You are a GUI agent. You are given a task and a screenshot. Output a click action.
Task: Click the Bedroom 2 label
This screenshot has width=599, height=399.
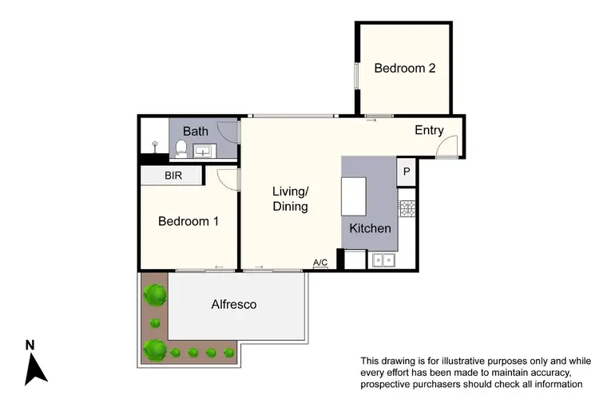tap(405, 69)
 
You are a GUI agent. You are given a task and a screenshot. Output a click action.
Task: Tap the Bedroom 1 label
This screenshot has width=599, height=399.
tap(188, 222)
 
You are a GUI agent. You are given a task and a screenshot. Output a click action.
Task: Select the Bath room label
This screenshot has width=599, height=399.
tap(196, 131)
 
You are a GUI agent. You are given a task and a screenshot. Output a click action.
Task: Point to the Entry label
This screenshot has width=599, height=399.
tap(429, 131)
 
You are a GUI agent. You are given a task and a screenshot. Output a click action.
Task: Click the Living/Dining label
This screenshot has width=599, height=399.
tap(290, 199)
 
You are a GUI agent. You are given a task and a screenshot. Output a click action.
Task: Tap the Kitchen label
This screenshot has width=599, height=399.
tap(371, 228)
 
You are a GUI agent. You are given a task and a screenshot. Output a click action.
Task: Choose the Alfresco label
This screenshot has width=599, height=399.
tap(234, 304)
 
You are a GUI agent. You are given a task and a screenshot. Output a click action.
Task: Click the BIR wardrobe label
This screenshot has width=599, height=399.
tap(174, 176)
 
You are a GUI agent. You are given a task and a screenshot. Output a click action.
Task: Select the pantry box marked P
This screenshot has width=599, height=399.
tap(406, 171)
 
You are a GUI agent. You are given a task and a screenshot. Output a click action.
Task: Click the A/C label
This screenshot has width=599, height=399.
tap(320, 263)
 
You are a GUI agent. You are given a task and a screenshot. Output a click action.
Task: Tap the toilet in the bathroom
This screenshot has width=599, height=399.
tap(181, 148)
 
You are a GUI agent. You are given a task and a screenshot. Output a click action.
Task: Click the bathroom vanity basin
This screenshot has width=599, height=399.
tap(204, 149)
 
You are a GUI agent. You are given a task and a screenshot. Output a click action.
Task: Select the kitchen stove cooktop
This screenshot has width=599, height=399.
tap(407, 209)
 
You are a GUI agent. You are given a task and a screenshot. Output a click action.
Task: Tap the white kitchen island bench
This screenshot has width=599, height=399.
tap(353, 196)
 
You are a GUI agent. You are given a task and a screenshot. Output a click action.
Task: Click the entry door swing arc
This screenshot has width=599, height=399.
tap(450, 146)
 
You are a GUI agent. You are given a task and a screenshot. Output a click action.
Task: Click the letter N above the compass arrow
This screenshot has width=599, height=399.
tap(30, 345)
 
